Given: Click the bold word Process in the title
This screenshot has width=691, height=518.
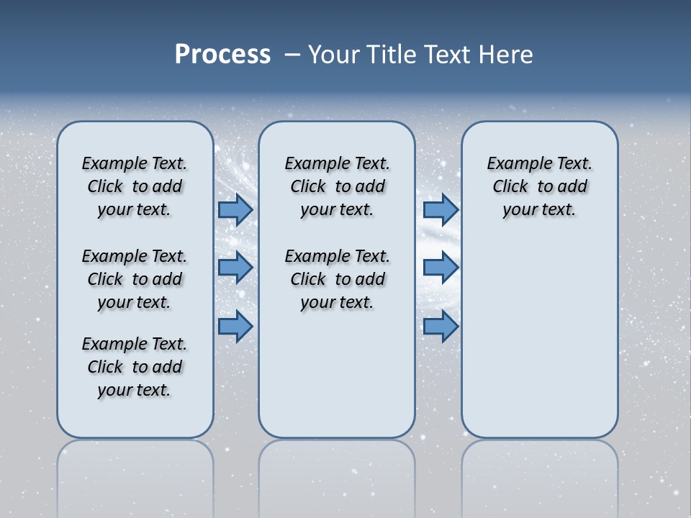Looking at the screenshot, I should point(222,54).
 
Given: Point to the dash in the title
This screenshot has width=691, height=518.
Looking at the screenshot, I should point(292,55).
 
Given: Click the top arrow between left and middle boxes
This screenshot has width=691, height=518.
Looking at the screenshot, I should point(235,209).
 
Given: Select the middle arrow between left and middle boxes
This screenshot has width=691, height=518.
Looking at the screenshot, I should point(235,268).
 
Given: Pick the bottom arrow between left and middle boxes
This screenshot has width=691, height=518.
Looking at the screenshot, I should point(235,327).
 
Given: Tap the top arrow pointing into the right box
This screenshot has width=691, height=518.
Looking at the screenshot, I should point(441,209).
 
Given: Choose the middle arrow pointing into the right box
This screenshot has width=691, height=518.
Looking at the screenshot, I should point(441,268).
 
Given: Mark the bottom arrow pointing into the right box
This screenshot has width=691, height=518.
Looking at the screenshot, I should point(441,327).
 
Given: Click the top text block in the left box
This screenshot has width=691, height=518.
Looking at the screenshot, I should point(135,186).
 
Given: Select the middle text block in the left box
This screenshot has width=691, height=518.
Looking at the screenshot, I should point(135,279).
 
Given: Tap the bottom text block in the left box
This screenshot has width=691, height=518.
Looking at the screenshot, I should point(135,367).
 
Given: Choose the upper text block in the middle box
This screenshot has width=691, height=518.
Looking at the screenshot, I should point(337,186).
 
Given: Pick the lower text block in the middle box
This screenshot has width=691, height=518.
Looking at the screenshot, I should point(337,279).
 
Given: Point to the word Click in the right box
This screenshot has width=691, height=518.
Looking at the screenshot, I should point(510,187).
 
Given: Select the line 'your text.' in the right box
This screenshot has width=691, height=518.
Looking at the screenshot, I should point(539,210).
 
